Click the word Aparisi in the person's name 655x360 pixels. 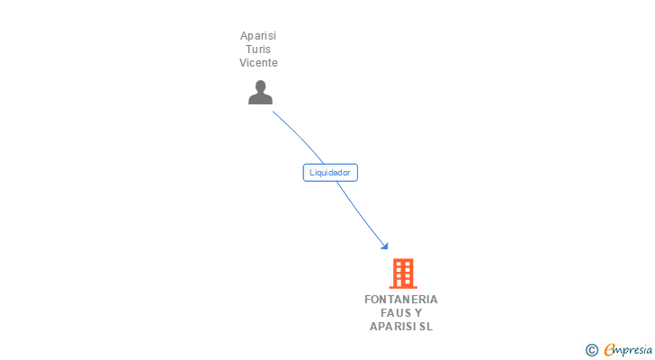258,36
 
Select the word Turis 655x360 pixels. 258,49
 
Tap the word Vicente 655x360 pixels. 258,63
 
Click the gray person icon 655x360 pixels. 260,93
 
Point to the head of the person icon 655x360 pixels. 260,87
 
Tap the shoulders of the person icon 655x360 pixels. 260,100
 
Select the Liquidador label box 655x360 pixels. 330,173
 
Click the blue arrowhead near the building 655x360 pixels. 384,245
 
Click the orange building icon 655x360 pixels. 402,273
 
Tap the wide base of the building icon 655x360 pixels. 402,286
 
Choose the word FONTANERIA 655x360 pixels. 401,300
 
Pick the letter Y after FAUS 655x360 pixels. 417,313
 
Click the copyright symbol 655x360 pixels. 591,350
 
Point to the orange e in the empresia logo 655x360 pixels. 609,350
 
